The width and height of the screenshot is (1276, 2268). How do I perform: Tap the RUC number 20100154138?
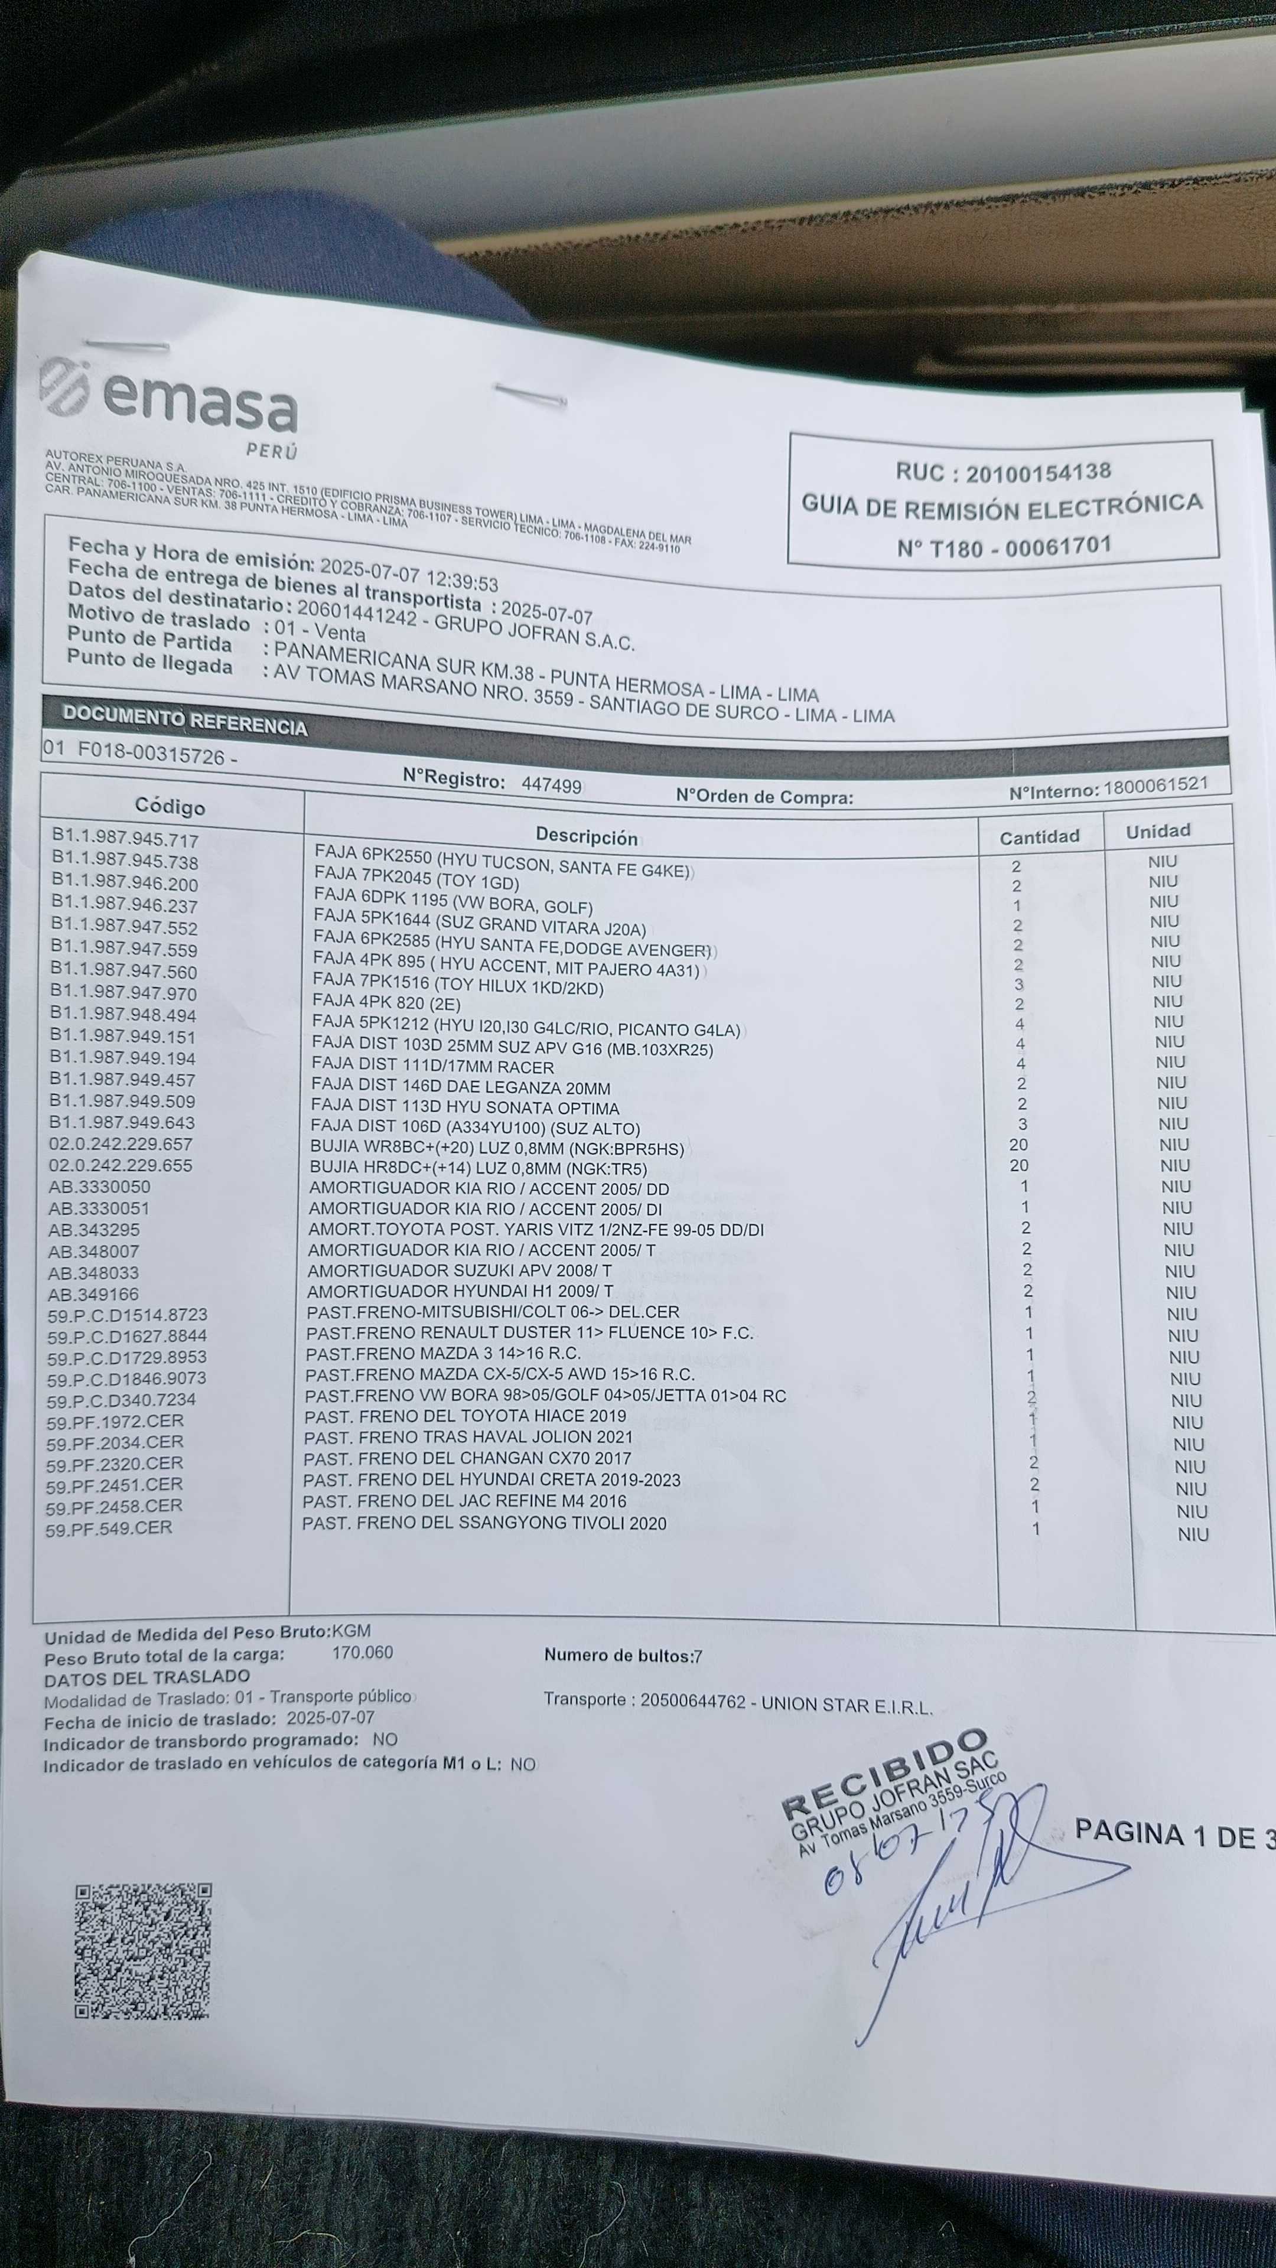coord(1039,472)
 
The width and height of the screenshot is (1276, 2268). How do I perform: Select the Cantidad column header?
coord(1039,836)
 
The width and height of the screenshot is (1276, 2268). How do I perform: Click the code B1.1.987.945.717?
coord(125,839)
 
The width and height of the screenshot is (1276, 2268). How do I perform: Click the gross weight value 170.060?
coord(362,1653)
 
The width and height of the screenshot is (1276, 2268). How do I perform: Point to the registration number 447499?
coord(551,784)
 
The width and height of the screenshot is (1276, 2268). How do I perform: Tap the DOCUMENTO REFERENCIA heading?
coord(185,720)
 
